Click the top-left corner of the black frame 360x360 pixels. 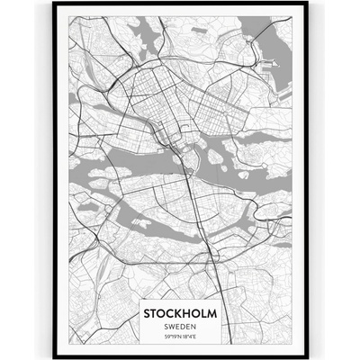click(54, 4)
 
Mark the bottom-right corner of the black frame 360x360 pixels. click(306, 356)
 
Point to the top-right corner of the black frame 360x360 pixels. click(306, 4)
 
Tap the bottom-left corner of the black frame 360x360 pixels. click(54, 356)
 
